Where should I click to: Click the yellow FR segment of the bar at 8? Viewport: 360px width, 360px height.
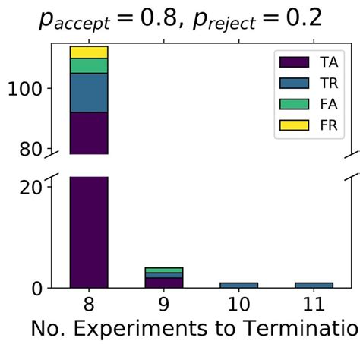[89, 52]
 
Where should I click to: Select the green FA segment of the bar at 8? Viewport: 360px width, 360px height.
[89, 66]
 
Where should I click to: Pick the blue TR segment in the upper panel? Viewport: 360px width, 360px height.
[89, 93]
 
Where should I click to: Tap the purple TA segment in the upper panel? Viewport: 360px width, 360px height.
[89, 133]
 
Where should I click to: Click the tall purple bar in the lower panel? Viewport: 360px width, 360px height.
[89, 232]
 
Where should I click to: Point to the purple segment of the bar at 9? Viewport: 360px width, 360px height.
[164, 283]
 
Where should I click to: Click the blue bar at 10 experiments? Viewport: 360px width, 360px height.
[239, 285]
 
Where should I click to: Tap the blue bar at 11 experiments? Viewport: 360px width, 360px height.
[314, 285]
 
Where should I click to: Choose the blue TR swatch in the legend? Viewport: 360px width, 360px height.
[295, 82]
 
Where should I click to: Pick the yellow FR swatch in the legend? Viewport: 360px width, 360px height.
[295, 125]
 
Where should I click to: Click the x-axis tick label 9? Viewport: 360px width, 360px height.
[164, 305]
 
